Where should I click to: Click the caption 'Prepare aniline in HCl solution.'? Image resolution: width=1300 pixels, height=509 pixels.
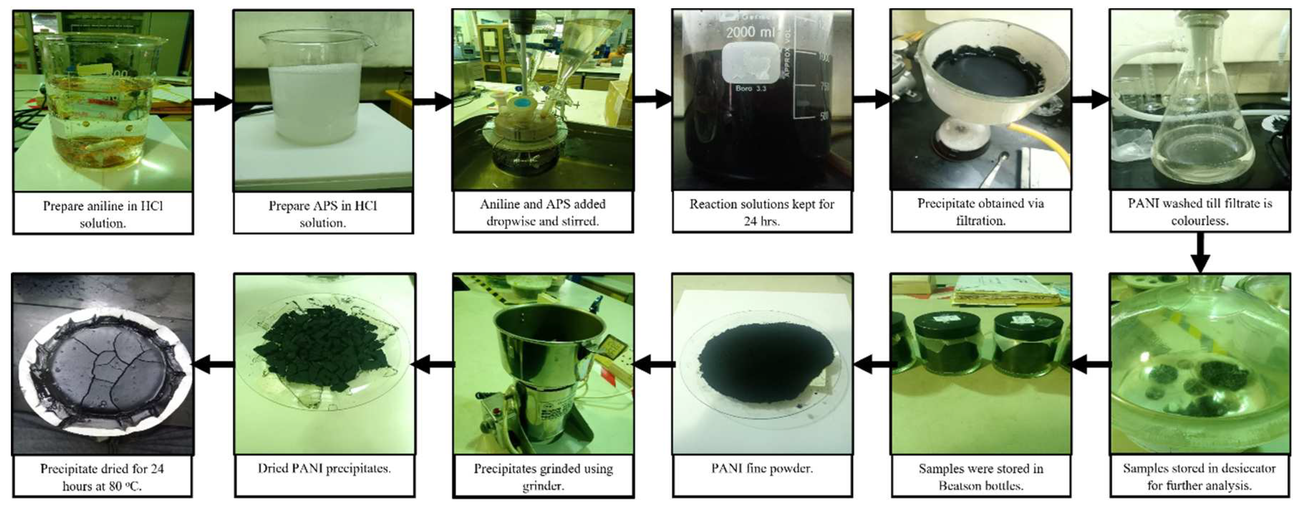click(x=103, y=214)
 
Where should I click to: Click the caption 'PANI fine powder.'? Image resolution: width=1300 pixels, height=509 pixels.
click(x=762, y=469)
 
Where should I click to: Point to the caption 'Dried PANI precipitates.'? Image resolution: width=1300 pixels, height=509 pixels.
click(x=324, y=469)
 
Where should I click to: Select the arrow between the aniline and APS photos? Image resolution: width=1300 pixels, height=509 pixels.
click(x=213, y=101)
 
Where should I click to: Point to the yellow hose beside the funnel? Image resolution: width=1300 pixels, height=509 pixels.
click(x=1050, y=147)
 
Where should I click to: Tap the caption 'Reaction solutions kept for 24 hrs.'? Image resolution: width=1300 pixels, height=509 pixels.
click(x=762, y=212)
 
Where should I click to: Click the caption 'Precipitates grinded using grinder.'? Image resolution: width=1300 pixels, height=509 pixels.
click(x=543, y=477)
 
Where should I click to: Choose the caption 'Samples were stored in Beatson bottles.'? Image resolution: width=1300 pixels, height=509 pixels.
click(x=981, y=477)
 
